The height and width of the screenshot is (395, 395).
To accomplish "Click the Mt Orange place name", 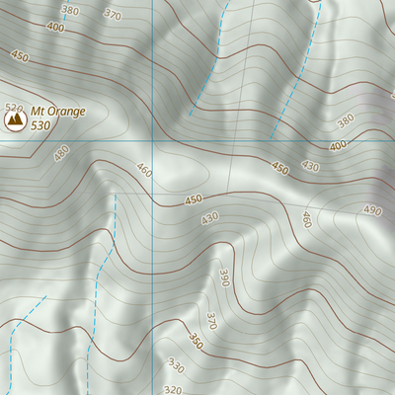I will (x=58, y=111).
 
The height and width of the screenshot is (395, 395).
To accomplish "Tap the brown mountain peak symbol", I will (x=15, y=120).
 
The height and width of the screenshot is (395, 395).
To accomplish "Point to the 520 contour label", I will (x=13, y=107).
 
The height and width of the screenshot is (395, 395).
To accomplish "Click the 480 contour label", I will (x=62, y=153).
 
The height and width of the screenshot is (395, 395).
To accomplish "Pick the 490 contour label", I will (x=371, y=210).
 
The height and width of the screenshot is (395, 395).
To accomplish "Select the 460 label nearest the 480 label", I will (x=145, y=171).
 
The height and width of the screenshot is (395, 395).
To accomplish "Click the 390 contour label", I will (x=226, y=278).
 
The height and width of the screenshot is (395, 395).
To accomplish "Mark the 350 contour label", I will (x=196, y=342).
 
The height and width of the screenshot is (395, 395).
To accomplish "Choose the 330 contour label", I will (x=176, y=366).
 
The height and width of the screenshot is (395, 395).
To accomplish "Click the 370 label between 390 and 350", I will (x=210, y=320).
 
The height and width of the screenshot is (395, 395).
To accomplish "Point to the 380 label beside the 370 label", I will (x=69, y=10).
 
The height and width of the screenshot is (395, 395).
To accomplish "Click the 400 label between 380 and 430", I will (x=339, y=146).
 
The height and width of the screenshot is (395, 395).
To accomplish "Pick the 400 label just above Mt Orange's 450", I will (x=53, y=28).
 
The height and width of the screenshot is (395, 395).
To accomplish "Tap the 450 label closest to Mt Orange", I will (x=20, y=57).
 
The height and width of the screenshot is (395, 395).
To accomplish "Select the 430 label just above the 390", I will (x=208, y=218).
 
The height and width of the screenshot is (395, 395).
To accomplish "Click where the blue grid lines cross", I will (x=153, y=140).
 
